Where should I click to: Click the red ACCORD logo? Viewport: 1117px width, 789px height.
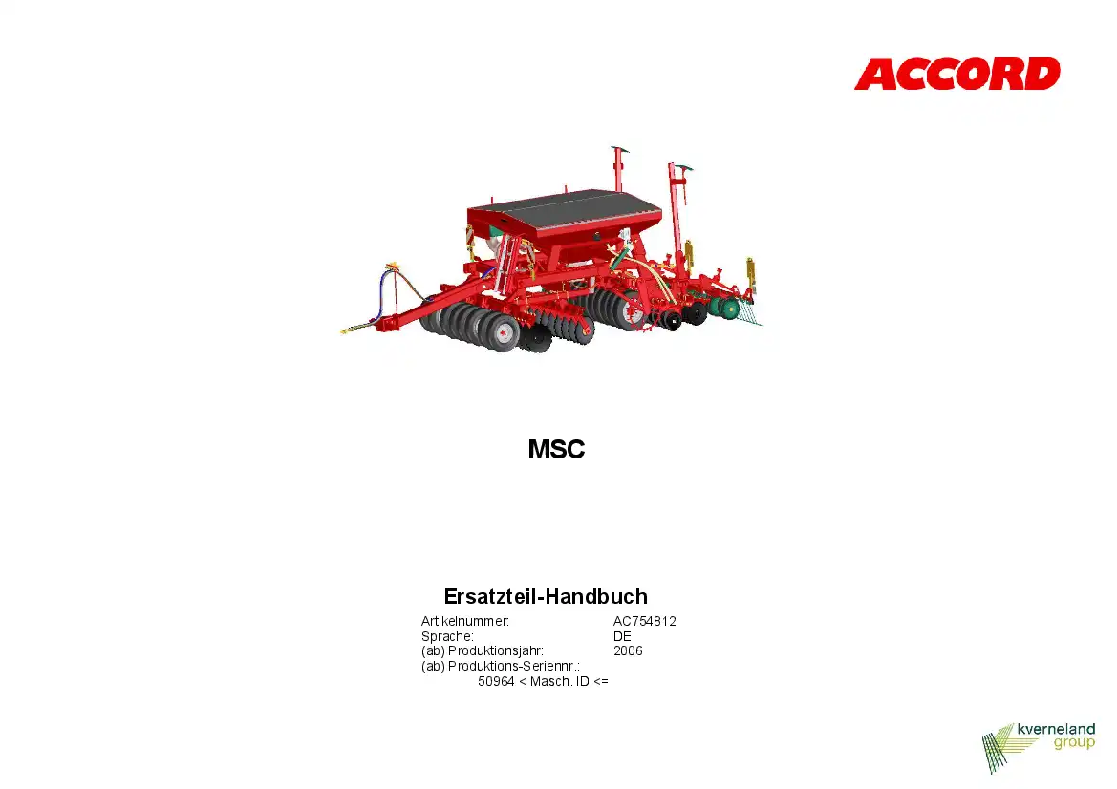[956, 75]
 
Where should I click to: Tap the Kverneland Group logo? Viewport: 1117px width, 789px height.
[1038, 747]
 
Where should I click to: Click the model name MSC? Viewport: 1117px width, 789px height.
[556, 449]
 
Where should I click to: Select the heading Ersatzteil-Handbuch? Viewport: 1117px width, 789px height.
[546, 596]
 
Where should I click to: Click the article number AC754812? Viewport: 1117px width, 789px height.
[645, 621]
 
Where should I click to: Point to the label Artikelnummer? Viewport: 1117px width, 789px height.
[465, 621]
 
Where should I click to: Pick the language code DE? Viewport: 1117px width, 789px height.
[622, 636]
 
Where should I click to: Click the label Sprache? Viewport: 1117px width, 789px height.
[447, 636]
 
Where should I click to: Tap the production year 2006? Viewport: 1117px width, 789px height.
[628, 650]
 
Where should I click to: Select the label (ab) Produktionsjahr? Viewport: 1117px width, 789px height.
[483, 650]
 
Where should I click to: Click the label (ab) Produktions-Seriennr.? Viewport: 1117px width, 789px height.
[500, 667]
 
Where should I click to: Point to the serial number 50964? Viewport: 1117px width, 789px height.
[496, 681]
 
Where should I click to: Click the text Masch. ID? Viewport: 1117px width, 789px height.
[559, 681]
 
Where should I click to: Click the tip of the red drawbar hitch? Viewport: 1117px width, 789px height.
[343, 331]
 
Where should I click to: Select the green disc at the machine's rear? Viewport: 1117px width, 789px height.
[729, 308]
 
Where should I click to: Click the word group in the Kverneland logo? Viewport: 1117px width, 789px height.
[1074, 743]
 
